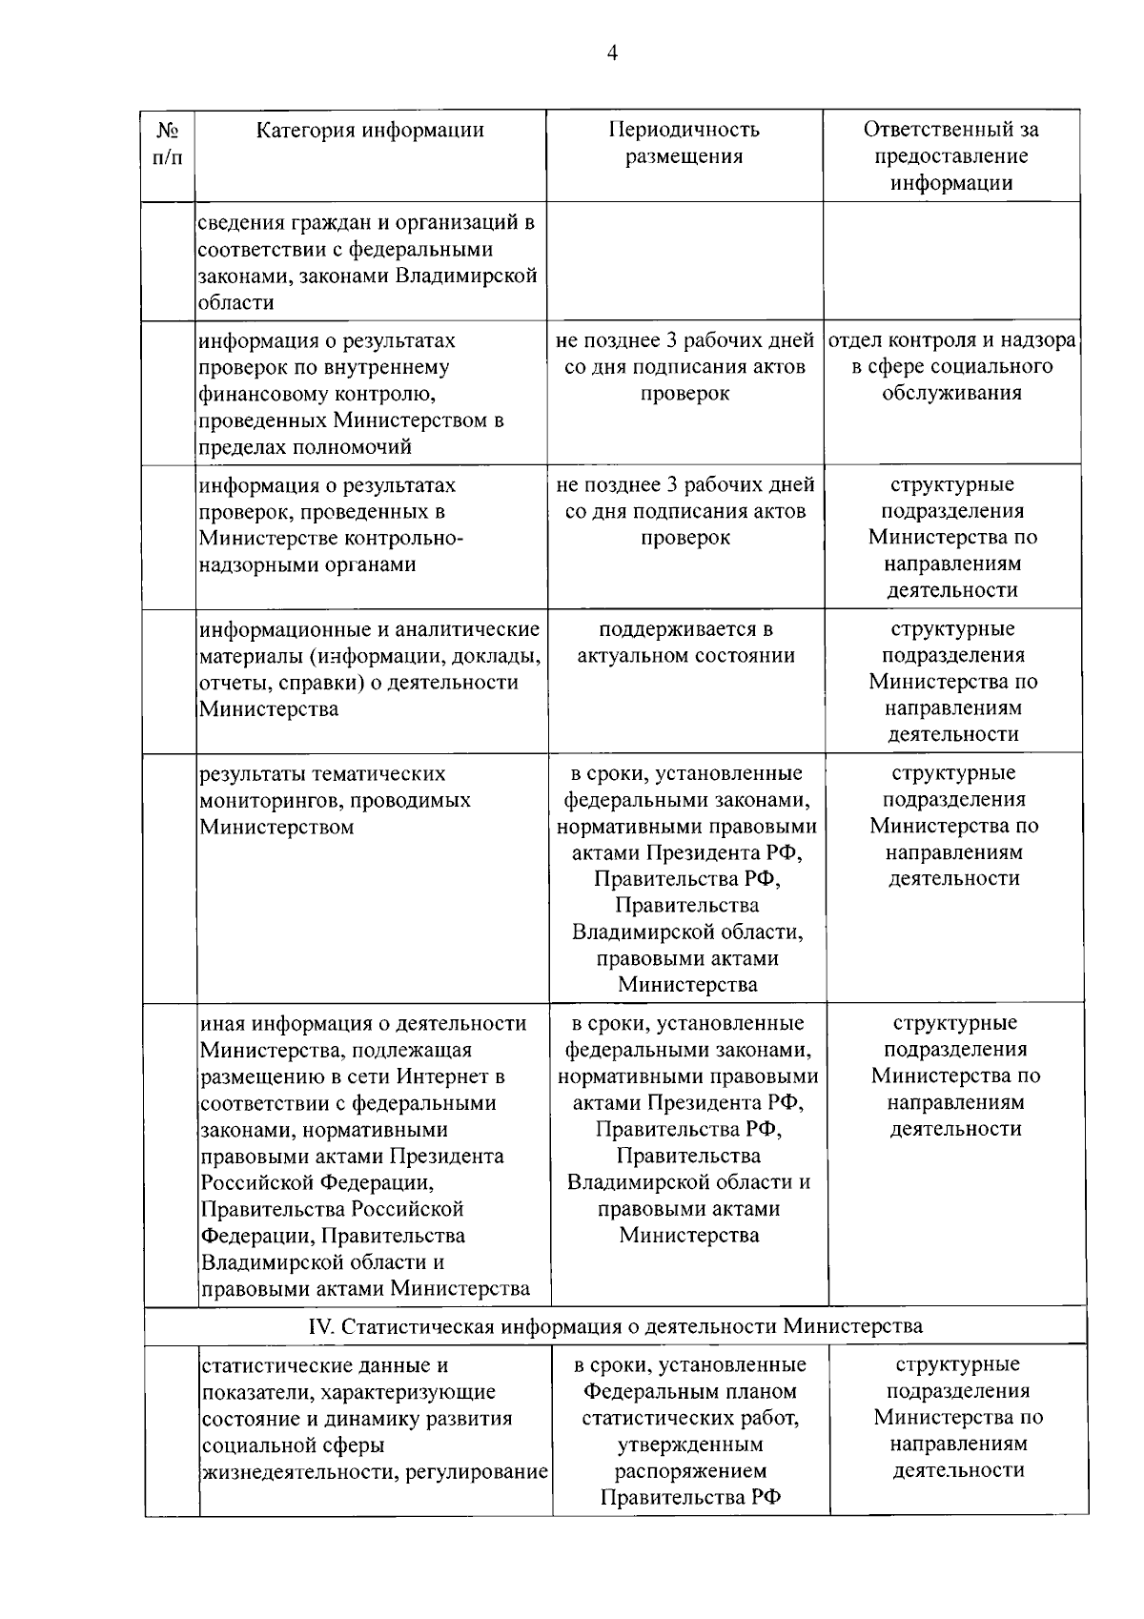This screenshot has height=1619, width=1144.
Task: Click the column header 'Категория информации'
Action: coord(370,131)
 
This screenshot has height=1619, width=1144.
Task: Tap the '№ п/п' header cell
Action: coord(168,143)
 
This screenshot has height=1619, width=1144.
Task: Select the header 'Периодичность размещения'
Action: coord(684,143)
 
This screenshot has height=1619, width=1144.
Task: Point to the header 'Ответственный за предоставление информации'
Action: coord(950,155)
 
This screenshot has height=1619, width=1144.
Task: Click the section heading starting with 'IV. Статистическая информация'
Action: coord(615,1325)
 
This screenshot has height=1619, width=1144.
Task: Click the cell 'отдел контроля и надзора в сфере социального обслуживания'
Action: coord(951,367)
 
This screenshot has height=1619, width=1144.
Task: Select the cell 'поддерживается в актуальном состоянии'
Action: coord(685,643)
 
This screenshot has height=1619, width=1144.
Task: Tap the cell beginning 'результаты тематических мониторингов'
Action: coord(335,800)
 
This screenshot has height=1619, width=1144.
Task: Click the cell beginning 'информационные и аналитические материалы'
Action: coord(370,669)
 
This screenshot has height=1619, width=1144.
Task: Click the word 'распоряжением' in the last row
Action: coord(690,1470)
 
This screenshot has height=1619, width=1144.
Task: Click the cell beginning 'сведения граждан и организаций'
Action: coord(366,262)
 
